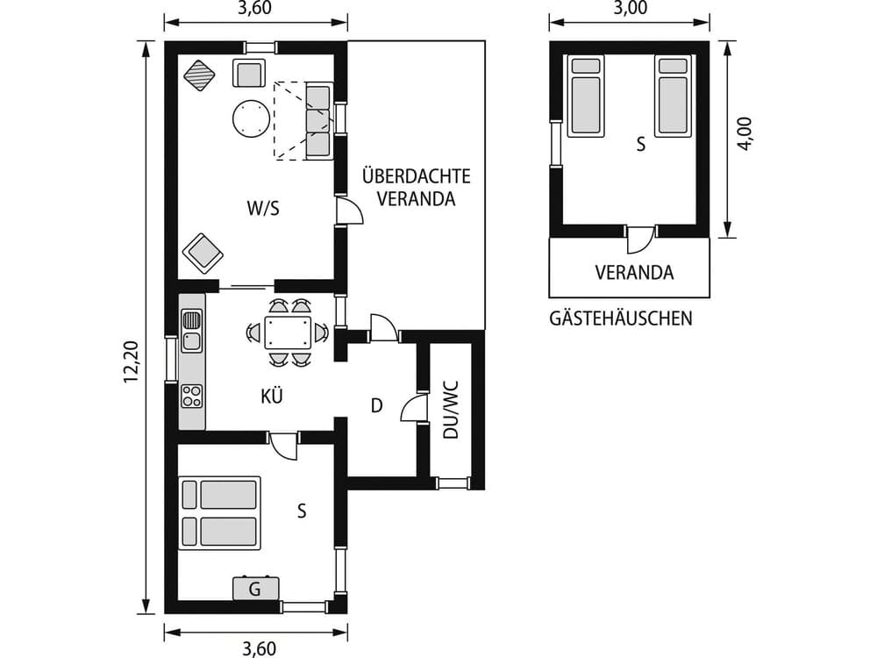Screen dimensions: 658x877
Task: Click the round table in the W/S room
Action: click(x=249, y=118)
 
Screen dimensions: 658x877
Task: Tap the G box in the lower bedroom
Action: click(x=255, y=589)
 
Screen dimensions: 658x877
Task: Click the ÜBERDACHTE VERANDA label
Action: click(x=416, y=187)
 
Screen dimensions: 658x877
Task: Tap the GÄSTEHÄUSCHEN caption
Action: click(x=620, y=318)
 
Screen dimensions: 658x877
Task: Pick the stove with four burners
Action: click(x=191, y=396)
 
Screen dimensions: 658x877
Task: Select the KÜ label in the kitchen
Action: click(x=271, y=396)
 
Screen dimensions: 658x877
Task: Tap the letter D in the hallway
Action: click(x=377, y=405)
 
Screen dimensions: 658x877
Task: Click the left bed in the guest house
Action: click(x=586, y=96)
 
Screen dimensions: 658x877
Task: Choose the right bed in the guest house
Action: click(x=672, y=96)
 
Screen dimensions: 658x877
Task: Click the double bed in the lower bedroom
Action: click(x=219, y=513)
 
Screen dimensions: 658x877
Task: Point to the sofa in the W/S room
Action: click(x=317, y=121)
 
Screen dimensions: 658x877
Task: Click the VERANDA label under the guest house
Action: click(x=634, y=273)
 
